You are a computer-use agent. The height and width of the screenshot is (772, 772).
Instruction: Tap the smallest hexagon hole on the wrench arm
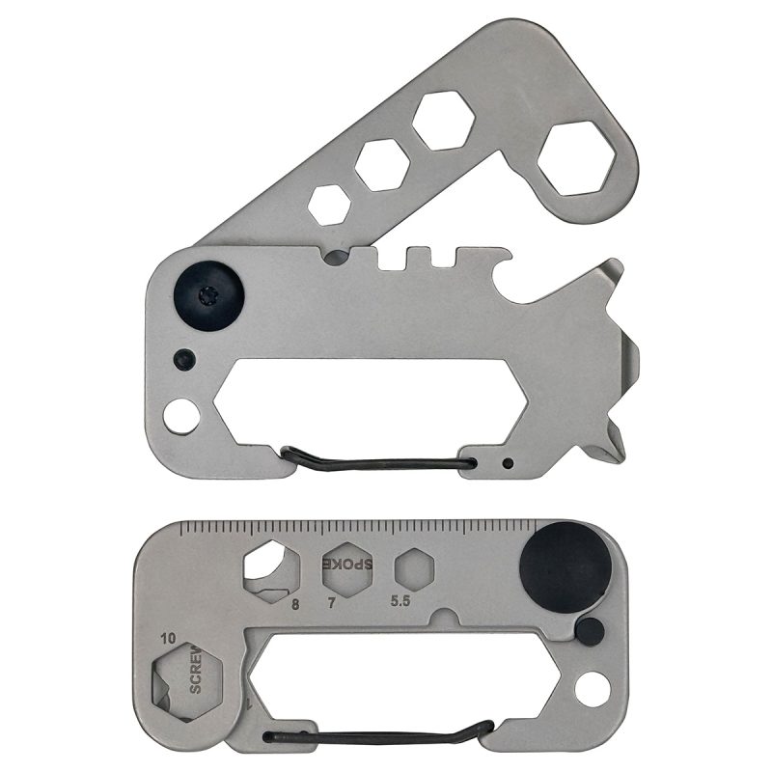click(x=330, y=204)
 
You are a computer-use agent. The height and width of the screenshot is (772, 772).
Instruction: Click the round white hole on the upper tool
click(x=179, y=417)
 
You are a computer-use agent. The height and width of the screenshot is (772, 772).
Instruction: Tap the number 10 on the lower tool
click(x=170, y=638)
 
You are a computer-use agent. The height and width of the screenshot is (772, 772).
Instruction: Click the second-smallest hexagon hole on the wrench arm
click(x=380, y=165)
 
